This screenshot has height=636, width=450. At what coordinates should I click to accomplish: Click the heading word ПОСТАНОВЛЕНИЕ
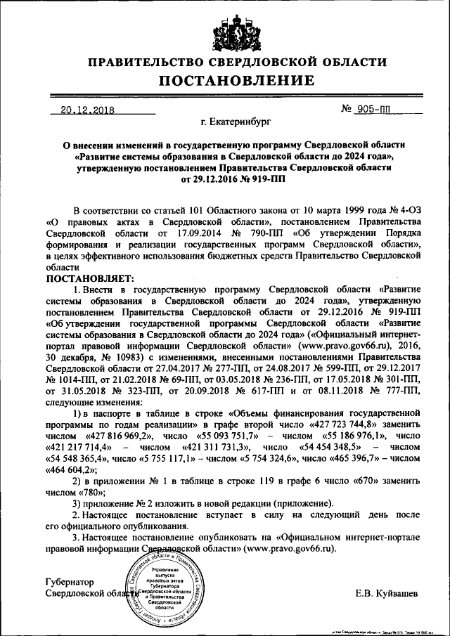(225, 81)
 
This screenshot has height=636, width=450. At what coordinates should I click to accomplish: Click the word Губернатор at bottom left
(70, 582)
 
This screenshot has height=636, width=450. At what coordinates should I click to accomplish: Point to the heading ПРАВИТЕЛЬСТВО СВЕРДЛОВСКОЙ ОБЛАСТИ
(225, 63)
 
